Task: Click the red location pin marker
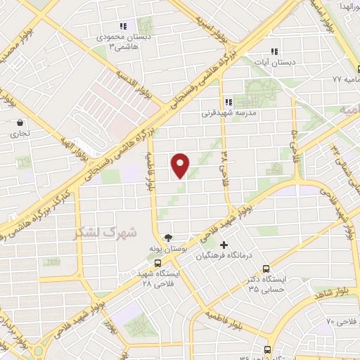[181, 165]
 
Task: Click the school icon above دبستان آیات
[274, 51]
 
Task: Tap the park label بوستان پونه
[166, 249]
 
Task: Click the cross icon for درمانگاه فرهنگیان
[224, 245]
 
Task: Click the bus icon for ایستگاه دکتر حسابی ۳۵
[266, 268]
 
